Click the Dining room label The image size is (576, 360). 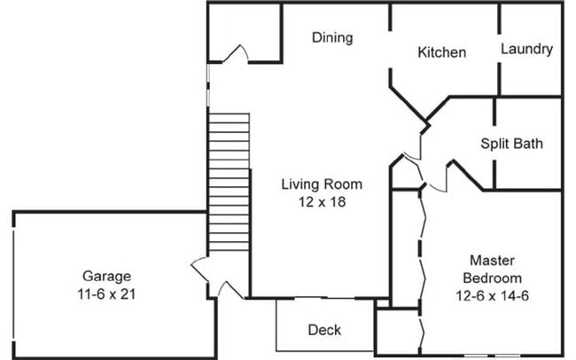pos(332,37)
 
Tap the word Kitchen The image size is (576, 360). pos(441,52)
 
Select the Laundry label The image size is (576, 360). pos(526,49)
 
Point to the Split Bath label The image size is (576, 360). pos(511,143)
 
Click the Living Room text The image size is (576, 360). pos(322,184)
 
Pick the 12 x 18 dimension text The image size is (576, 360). pos(322,201)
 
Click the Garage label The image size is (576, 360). pos(107,275)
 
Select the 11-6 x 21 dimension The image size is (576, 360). pos(107,292)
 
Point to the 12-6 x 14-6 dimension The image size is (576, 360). pos(493,293)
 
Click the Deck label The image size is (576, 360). pos(324,330)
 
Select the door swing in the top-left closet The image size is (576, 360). pos(235,55)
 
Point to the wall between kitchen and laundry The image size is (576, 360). pos(500,49)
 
